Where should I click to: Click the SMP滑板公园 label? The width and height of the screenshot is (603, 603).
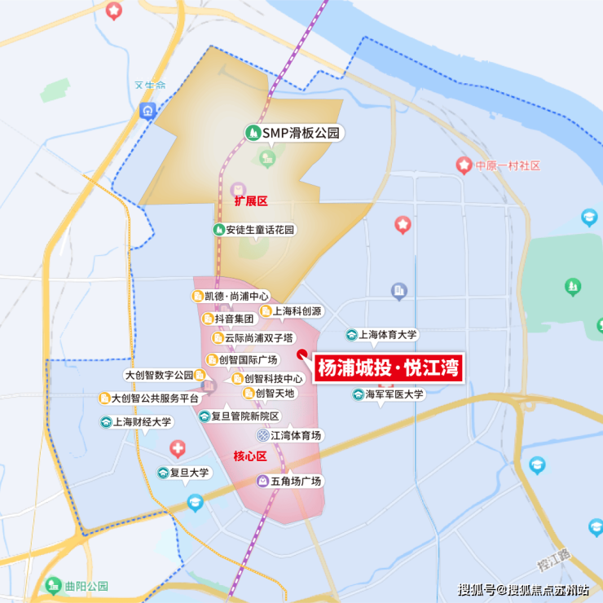pos(299,133)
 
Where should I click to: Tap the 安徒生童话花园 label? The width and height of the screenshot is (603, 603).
pos(260,230)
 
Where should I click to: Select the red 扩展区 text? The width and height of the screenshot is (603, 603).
pos(251,200)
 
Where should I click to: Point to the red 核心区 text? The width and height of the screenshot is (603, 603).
pos(250,456)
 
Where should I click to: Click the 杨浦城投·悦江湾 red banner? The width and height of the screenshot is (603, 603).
pos(389,368)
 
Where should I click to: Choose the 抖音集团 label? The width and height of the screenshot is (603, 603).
pos(235,319)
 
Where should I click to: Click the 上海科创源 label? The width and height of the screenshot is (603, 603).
pos(297,311)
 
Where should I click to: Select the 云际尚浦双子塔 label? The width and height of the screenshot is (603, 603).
pos(259,338)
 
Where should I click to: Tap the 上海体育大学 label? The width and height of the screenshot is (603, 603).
pos(388,335)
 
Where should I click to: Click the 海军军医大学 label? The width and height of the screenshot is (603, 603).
pos(394,394)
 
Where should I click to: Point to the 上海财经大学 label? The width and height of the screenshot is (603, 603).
pos(141,422)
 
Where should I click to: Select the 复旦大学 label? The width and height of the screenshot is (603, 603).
pos(189,473)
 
